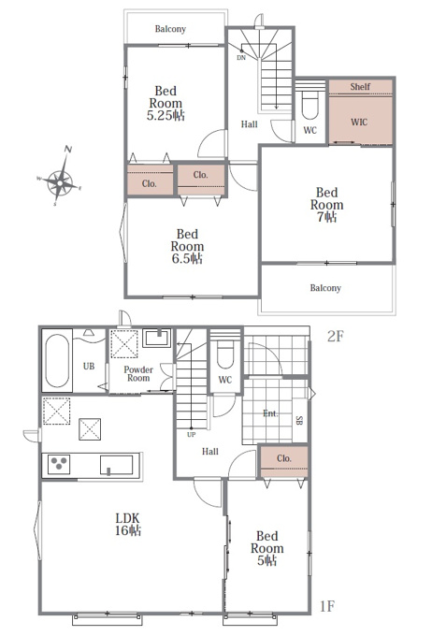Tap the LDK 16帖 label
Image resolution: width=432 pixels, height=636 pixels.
[128, 524]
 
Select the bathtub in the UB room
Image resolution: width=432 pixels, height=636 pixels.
[57, 361]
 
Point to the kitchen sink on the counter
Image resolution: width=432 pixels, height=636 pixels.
[117, 465]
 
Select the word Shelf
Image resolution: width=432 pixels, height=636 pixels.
[360, 86]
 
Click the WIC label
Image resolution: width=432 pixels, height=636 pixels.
[359, 123]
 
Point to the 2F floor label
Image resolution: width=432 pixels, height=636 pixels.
[336, 337]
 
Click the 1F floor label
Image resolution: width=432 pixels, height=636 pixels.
[327, 606]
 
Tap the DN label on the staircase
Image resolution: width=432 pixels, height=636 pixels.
[241, 58]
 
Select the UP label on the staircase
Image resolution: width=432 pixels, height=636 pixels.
[192, 434]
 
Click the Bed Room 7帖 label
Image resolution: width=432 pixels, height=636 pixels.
[327, 205]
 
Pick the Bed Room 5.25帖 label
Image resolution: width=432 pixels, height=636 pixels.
[166, 103]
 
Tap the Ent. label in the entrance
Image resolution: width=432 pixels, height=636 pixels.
[270, 413]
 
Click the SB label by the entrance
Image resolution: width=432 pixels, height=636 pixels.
[299, 420]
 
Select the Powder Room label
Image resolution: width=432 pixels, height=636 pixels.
[138, 373]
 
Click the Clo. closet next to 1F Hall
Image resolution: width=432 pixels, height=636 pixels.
[284, 462]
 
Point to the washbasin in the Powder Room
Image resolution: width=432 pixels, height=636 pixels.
[156, 338]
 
